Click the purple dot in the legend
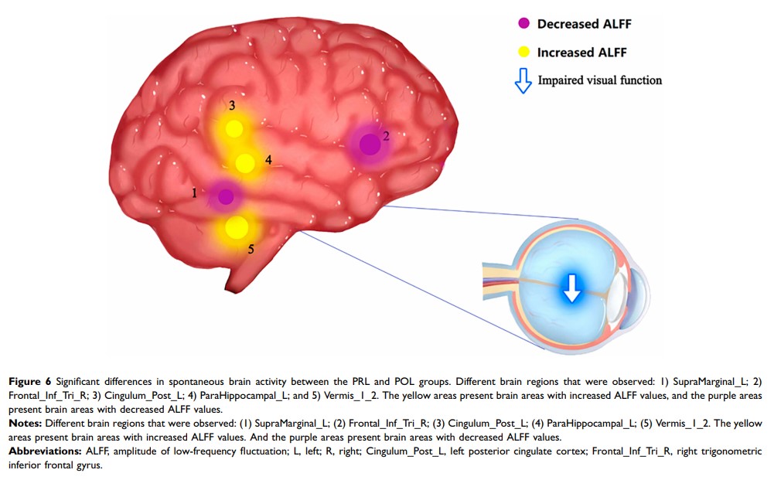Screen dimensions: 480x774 coord(523,24)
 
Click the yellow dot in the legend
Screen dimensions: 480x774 coord(523,53)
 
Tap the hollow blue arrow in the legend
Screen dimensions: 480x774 coord(523,80)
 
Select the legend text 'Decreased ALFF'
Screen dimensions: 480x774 coord(585,24)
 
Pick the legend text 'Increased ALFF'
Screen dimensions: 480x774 coord(581,53)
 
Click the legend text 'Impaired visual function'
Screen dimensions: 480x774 coord(600,80)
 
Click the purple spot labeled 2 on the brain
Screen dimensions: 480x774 coord(370,143)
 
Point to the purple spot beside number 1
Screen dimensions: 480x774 coord(225,196)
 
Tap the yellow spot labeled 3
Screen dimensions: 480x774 coord(232,128)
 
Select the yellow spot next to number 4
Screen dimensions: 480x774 coord(244,163)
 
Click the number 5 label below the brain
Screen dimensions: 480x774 coord(251,249)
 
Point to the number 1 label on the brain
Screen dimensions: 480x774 coord(195,192)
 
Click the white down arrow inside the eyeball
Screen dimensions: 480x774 coord(571,287)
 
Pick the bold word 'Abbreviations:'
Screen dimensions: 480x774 coord(42,451)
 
